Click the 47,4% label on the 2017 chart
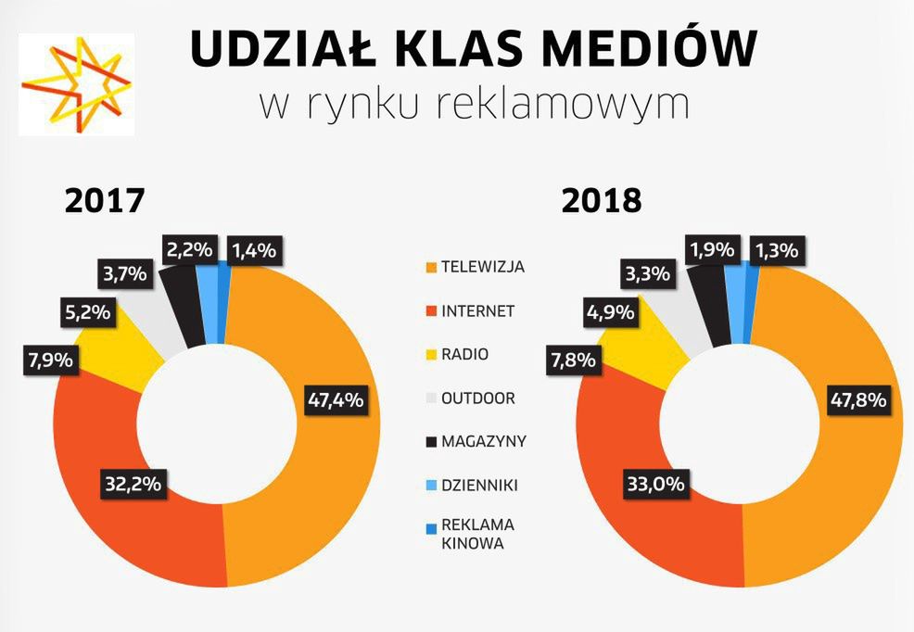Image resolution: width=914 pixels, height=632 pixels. tap(335, 402)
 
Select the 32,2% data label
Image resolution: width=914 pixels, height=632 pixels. tap(132, 483)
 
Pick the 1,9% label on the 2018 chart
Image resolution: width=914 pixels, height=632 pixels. tap(713, 249)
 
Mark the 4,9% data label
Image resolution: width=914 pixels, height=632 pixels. tap(610, 312)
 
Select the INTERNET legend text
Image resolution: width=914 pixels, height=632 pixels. tap(477, 311)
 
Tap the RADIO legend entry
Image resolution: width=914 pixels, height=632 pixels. tap(464, 355)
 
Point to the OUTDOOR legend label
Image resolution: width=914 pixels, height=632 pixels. tap(477, 398)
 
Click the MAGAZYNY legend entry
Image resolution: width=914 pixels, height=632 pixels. tap(483, 442)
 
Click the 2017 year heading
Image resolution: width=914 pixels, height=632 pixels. tap(106, 201)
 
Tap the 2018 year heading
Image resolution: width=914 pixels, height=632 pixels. tap(603, 201)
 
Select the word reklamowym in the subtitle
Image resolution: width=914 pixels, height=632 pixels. tap(568, 105)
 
